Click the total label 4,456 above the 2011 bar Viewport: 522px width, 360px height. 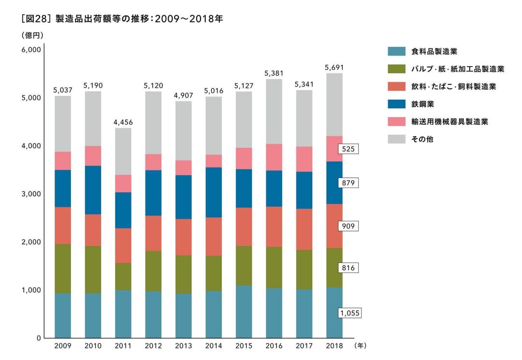123,122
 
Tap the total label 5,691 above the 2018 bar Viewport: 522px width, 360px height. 334,68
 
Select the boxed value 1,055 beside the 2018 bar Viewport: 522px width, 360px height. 350,313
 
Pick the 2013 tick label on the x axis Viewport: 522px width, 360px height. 183,346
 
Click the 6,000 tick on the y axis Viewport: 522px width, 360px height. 31,50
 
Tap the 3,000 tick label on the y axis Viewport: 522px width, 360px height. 31,194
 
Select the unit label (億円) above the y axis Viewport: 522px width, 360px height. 33,35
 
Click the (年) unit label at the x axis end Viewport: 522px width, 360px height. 361,346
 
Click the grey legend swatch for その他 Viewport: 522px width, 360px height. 396,139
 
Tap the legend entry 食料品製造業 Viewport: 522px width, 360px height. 434,51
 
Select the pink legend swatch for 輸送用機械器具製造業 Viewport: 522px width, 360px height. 396,121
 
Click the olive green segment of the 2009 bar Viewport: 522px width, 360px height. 63,269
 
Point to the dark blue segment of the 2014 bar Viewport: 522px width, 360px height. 214,192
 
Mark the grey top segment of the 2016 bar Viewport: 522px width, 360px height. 274,111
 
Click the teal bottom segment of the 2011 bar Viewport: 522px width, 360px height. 123,314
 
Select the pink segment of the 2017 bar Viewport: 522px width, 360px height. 304,159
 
